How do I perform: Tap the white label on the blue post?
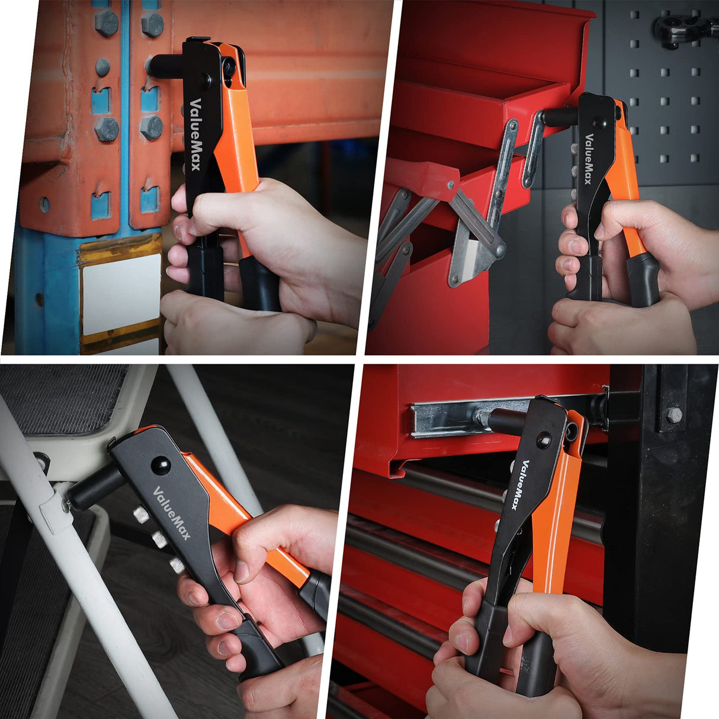(121, 294)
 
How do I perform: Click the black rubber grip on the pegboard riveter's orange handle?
(644, 278)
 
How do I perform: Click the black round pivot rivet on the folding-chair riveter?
(160, 466)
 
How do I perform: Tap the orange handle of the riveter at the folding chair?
(249, 533)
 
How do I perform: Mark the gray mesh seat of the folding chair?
(59, 397)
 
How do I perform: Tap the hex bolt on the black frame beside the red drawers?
(675, 415)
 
